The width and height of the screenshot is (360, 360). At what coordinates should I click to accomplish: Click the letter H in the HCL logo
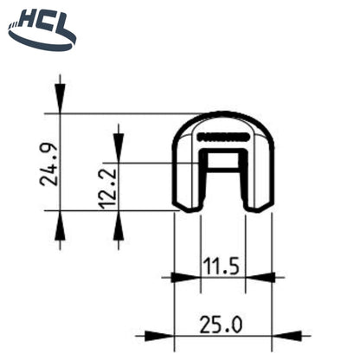pyautogui.click(x=26, y=19)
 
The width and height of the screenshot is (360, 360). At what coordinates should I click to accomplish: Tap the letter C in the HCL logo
pyautogui.click(x=44, y=19)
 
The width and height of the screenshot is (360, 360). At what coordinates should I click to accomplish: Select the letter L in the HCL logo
pyautogui.click(x=62, y=19)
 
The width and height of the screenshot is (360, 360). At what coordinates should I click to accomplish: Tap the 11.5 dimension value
pyautogui.click(x=222, y=264)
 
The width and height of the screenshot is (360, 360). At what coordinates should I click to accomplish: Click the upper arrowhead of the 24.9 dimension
pyautogui.click(x=59, y=100)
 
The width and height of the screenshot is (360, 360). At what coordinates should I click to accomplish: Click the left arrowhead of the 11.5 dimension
pyautogui.click(x=184, y=278)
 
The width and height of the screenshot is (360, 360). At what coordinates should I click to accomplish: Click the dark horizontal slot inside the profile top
pyautogui.click(x=223, y=136)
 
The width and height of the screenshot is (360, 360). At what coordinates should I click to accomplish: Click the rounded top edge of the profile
pyautogui.click(x=223, y=115)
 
